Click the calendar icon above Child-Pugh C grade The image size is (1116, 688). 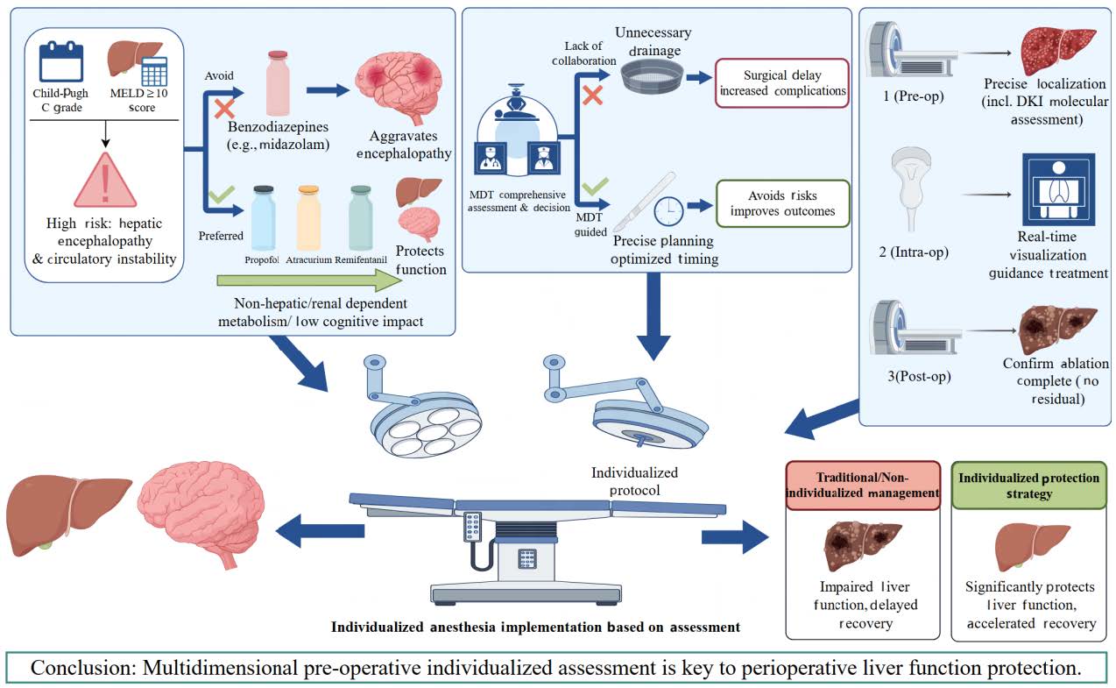60,62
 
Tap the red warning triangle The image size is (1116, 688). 105,181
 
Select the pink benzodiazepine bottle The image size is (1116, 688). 278,83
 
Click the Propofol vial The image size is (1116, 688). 263,218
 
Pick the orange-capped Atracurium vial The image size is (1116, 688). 308,218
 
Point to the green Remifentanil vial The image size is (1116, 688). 360,218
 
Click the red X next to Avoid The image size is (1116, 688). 224,109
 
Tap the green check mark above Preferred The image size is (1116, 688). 222,195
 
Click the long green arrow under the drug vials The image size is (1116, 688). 309,280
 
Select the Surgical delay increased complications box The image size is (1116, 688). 781,83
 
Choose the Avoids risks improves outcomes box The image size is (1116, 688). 783,203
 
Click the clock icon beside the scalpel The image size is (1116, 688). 668,211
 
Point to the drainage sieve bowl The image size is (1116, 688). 652,78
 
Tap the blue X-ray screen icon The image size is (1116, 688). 1059,189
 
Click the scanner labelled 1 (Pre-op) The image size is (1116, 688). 910,50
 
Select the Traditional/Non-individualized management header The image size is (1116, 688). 863,485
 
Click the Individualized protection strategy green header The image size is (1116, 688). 1028,485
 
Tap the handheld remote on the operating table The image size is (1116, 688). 472,527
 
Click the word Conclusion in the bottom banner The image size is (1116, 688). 83,668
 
